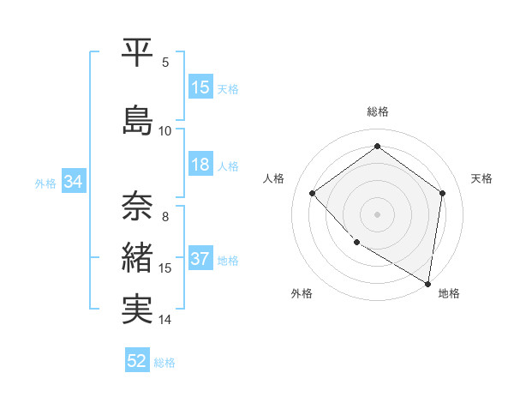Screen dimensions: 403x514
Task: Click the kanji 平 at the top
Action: coord(138,52)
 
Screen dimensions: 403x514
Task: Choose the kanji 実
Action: coord(138,310)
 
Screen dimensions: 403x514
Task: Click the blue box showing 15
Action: coord(200,87)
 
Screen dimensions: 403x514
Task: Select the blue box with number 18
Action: coord(200,165)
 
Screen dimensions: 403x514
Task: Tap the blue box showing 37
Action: coord(200,260)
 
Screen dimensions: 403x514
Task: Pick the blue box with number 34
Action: coord(73,182)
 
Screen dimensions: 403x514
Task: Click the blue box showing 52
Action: coord(137,361)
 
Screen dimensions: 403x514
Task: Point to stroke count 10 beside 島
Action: coord(165,131)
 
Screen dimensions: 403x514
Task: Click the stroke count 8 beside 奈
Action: coord(165,217)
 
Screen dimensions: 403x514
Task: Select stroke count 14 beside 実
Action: coord(165,320)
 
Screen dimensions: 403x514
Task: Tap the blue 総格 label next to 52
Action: coord(164,363)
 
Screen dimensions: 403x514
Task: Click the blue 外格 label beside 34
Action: coord(45,183)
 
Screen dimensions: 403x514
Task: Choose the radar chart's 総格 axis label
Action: coord(378,111)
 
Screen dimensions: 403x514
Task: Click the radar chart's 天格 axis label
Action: coord(482,178)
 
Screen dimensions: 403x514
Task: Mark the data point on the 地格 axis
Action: coord(428,283)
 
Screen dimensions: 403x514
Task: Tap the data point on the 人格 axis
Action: coord(313,193)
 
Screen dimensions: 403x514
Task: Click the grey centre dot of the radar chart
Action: coord(378,214)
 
